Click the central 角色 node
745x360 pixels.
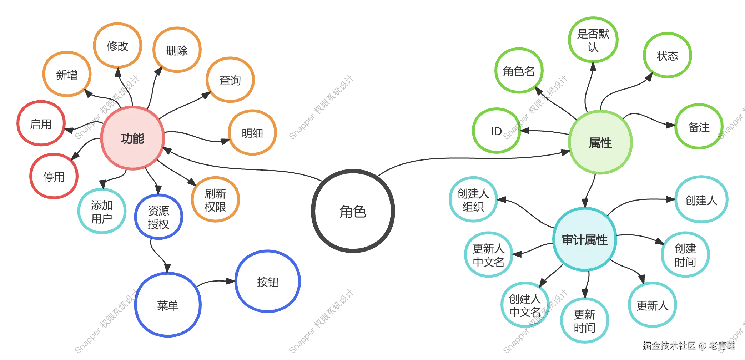353,212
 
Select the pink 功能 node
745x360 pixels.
132,138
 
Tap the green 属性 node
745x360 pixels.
600,143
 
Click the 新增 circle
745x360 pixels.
67,75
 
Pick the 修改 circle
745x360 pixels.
118,46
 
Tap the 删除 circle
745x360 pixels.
177,50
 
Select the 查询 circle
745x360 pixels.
230,80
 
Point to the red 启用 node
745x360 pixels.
41,124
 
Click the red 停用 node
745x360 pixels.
54,176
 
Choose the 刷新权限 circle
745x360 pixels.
215,200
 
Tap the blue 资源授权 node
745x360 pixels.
158,217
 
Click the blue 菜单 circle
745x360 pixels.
168,305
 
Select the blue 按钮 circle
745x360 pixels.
268,282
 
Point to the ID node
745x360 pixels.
496,131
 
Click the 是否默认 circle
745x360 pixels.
593,40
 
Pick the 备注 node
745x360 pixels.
699,127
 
